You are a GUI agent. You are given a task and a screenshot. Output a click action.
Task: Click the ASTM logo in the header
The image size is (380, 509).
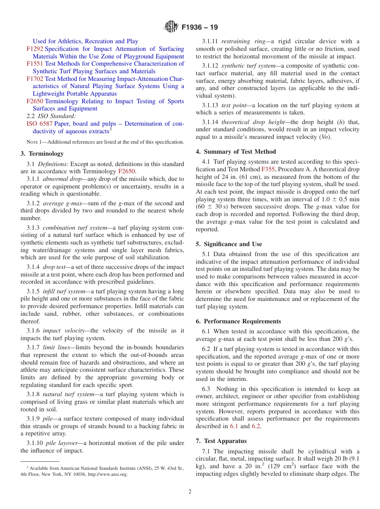[x=171, y=28]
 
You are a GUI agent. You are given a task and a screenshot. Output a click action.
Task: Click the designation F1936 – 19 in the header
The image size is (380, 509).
[x=200, y=28]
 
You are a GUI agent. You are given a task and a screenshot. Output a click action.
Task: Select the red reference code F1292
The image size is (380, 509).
[x=35, y=49]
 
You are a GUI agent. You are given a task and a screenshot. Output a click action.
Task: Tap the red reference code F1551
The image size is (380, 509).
[x=35, y=64]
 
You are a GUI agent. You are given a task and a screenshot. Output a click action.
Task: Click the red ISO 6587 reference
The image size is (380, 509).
[x=39, y=124]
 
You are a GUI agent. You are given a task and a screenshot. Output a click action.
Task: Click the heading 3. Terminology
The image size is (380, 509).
[x=42, y=154]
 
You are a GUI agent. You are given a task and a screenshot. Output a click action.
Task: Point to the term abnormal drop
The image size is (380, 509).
[x=61, y=179]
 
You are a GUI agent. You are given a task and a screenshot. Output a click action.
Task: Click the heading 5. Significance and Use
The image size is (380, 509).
[x=229, y=244]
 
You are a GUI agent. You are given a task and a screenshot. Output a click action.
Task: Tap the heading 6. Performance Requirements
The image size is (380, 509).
[x=238, y=321]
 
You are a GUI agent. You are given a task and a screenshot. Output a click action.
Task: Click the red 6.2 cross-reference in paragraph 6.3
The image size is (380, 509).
[x=256, y=426]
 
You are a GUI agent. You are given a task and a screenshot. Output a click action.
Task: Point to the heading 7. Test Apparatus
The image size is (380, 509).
[x=221, y=441]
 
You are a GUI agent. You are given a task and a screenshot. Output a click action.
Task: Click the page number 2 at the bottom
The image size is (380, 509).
[x=190, y=492]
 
